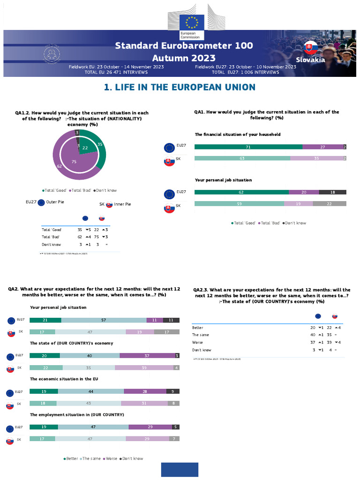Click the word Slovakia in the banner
tap(310, 60)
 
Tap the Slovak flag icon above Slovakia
tap(309, 48)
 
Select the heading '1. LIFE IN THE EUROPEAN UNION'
tap(180, 87)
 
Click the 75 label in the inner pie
tap(74, 161)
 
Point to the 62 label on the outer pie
tap(59, 166)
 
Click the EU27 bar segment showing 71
tap(248, 147)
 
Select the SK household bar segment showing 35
tap(316, 158)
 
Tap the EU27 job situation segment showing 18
tap(333, 192)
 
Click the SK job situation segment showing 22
tap(330, 203)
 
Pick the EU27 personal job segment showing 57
tap(104, 320)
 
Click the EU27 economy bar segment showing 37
tap(147, 355)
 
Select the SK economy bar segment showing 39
tap(144, 367)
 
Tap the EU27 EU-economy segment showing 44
tap(91, 391)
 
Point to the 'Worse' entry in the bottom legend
tap(111, 458)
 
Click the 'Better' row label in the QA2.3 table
tap(197, 327)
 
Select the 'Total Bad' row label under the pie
tap(52, 237)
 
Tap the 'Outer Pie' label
tap(55, 202)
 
